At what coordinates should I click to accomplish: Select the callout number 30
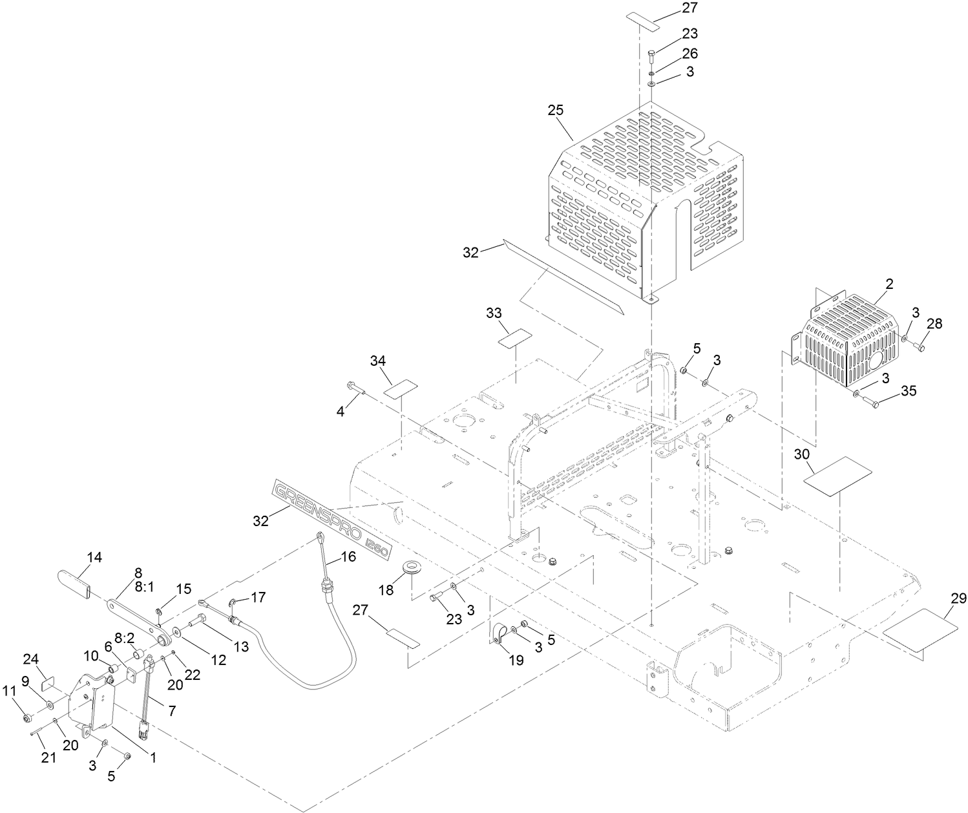(802, 454)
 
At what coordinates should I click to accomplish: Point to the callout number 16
(348, 557)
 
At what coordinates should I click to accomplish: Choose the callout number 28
(934, 324)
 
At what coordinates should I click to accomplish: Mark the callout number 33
(494, 313)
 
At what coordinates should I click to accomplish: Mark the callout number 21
(48, 758)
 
